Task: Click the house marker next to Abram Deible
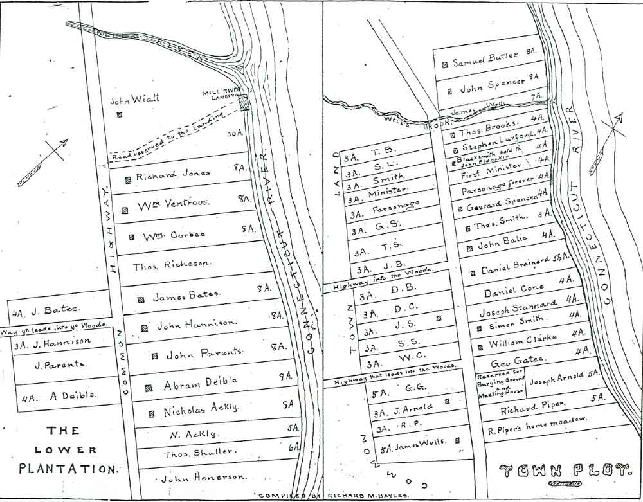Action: [149, 388]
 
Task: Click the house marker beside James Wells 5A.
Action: [458, 441]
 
